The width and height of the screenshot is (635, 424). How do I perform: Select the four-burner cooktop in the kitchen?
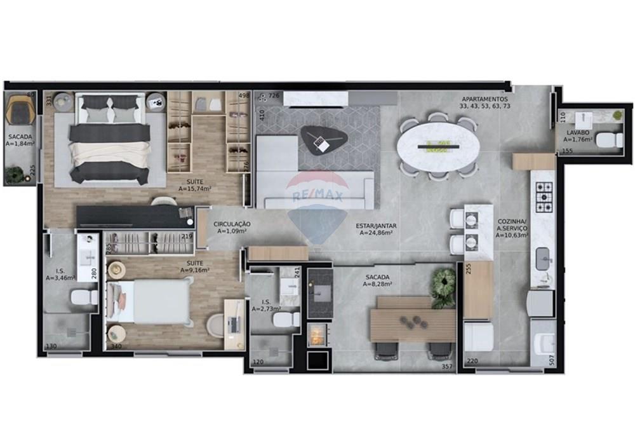click(544, 197)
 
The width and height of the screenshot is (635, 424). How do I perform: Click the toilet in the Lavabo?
click(611, 140)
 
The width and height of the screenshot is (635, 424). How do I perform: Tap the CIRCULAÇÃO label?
click(232, 227)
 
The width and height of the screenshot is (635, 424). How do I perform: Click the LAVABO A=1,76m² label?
click(578, 136)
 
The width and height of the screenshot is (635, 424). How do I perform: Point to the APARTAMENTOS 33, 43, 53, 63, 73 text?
click(485, 103)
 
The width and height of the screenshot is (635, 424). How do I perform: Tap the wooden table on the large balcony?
click(413, 318)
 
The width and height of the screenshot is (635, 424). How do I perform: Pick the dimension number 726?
click(274, 95)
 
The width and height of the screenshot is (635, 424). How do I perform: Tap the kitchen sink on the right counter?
click(544, 259)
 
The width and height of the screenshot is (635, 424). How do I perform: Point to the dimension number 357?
click(447, 366)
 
